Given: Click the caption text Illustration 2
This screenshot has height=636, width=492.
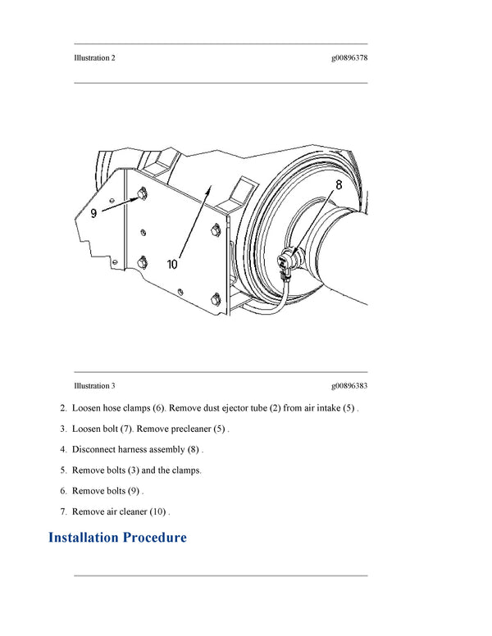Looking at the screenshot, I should coord(94,58).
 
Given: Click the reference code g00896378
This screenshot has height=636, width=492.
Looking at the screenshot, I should coord(349,58).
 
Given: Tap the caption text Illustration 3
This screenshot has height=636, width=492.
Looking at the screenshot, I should coord(94,385).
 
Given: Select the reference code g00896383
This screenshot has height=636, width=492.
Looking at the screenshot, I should coord(349,385).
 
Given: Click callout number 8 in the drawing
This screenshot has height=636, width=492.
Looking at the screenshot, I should coord(338,186).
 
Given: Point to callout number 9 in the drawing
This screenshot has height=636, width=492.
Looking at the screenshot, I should coord(94,212).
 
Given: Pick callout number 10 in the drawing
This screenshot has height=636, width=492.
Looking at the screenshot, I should coord(173,264).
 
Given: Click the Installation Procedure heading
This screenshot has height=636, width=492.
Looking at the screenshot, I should coord(117,538).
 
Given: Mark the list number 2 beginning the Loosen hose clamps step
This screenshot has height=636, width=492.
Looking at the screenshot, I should coord(62,407).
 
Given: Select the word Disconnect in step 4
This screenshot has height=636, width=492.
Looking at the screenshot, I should coord(95,449).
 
